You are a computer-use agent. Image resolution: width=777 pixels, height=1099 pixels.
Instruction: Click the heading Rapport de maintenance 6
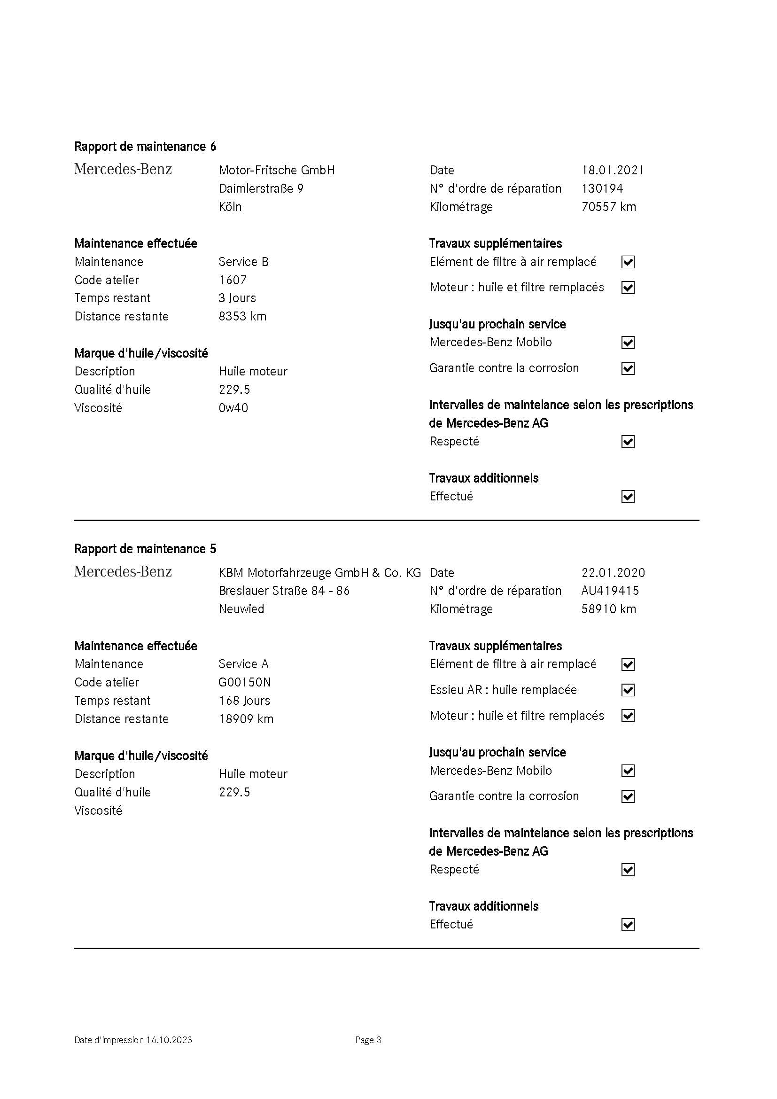(x=145, y=147)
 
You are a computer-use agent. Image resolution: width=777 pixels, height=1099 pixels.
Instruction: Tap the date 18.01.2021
(x=613, y=171)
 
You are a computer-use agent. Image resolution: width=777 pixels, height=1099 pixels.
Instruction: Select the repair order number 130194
(x=602, y=188)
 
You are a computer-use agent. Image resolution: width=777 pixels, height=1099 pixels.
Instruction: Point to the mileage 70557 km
(x=608, y=207)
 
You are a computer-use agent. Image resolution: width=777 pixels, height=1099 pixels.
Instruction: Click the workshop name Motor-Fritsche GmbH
(x=277, y=171)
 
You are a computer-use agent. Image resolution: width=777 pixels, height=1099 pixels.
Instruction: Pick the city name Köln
(x=230, y=207)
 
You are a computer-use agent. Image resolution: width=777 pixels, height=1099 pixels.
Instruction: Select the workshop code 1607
(x=233, y=280)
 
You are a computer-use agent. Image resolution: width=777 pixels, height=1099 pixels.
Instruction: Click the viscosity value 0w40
(x=233, y=408)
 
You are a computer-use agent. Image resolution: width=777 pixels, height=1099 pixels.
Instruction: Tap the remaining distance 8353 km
(x=242, y=316)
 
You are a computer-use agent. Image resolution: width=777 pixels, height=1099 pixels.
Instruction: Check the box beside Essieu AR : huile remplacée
(x=628, y=690)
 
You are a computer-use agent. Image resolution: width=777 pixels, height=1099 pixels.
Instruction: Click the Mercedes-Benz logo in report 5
(x=123, y=571)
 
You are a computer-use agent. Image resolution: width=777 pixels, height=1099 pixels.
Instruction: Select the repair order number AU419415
(x=610, y=591)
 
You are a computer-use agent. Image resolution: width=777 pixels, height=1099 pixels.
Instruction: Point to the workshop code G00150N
(x=244, y=682)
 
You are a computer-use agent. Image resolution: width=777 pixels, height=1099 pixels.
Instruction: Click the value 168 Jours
(x=244, y=701)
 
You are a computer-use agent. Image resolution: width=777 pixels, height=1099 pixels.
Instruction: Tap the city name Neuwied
(x=241, y=609)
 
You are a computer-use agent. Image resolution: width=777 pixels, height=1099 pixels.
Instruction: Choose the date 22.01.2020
(x=613, y=573)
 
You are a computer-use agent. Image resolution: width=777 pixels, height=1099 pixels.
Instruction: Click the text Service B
(x=243, y=262)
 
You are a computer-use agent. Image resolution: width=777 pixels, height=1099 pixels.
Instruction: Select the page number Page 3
(x=368, y=1040)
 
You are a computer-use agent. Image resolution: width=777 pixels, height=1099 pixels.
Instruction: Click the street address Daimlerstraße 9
(x=261, y=188)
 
